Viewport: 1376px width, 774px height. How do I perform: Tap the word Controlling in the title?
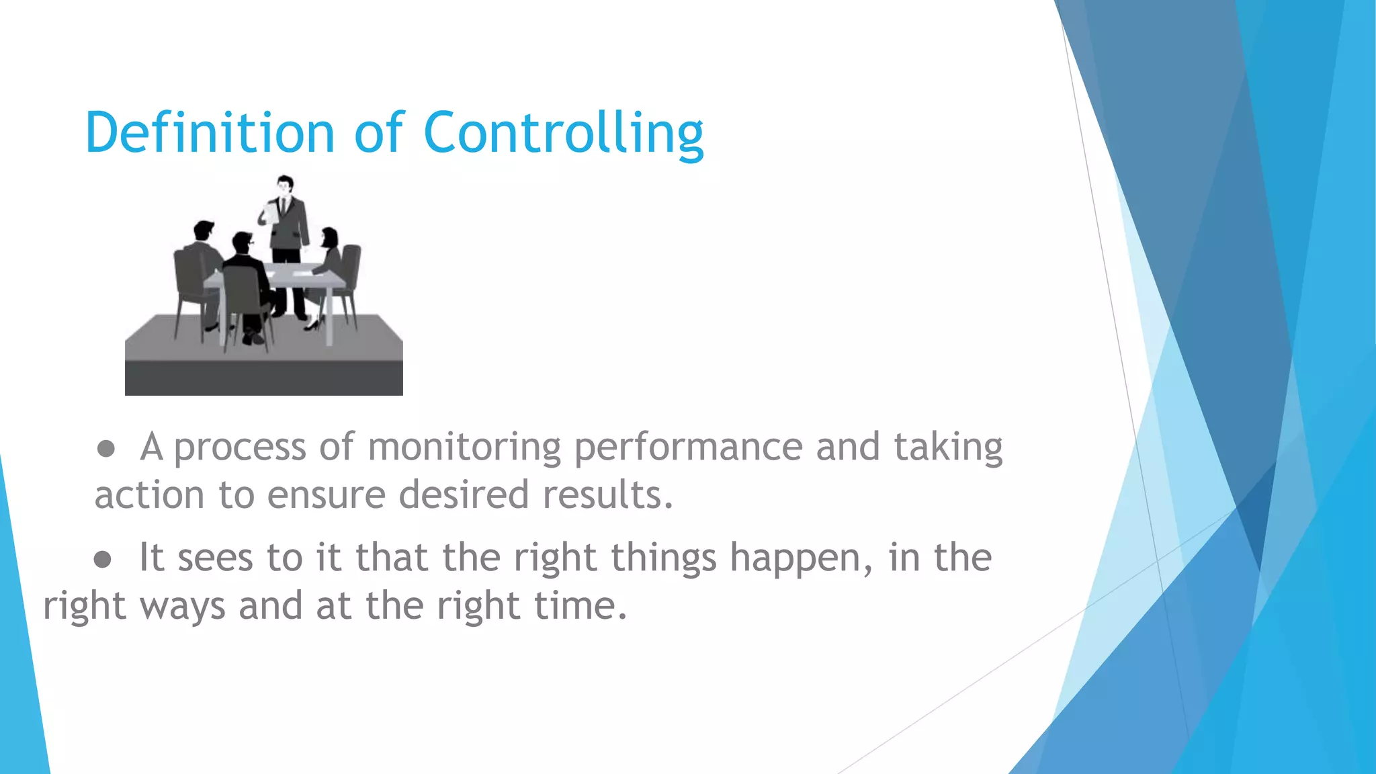pyautogui.click(x=563, y=133)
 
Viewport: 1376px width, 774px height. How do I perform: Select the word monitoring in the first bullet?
pyautogui.click(x=464, y=447)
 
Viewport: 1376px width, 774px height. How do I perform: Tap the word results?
pyautogui.click(x=607, y=494)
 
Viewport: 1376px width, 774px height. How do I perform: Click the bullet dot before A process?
pyautogui.click(x=105, y=449)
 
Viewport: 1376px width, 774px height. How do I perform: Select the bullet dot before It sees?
pyautogui.click(x=102, y=559)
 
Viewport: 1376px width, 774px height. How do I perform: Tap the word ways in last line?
pyautogui.click(x=181, y=607)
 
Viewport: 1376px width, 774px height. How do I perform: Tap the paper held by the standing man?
pyautogui.click(x=271, y=214)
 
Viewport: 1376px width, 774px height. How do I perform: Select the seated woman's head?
pyautogui.click(x=329, y=237)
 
